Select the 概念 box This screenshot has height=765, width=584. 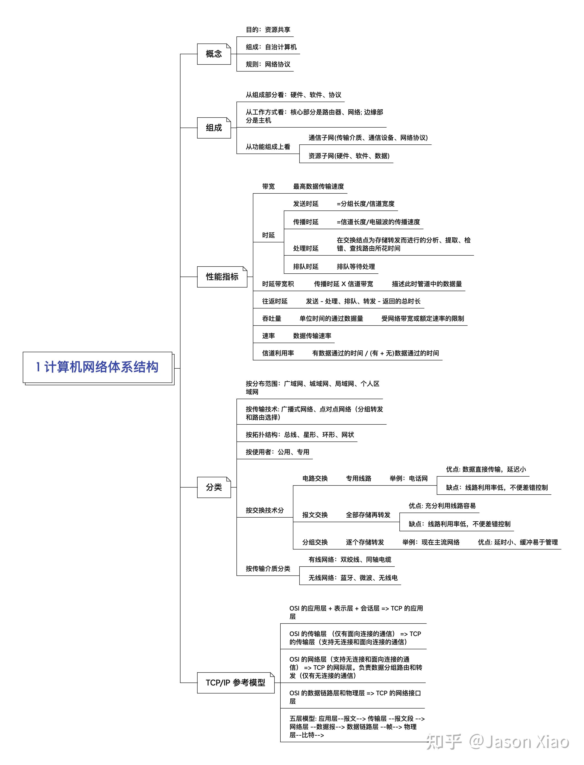tap(214, 54)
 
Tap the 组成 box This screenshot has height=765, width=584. tap(214, 128)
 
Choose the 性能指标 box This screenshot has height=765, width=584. tap(222, 277)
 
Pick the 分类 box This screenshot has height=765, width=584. tap(214, 487)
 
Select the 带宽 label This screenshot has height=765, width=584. tap(268, 187)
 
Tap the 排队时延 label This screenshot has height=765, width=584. tap(306, 267)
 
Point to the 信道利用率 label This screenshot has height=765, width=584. tap(278, 353)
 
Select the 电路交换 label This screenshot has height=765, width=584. tap(315, 479)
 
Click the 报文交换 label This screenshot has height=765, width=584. tap(315, 515)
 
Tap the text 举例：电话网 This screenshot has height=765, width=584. tap(409, 479)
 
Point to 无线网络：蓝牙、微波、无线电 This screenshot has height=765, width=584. tap(353, 578)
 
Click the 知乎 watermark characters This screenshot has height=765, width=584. tap(444, 742)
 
